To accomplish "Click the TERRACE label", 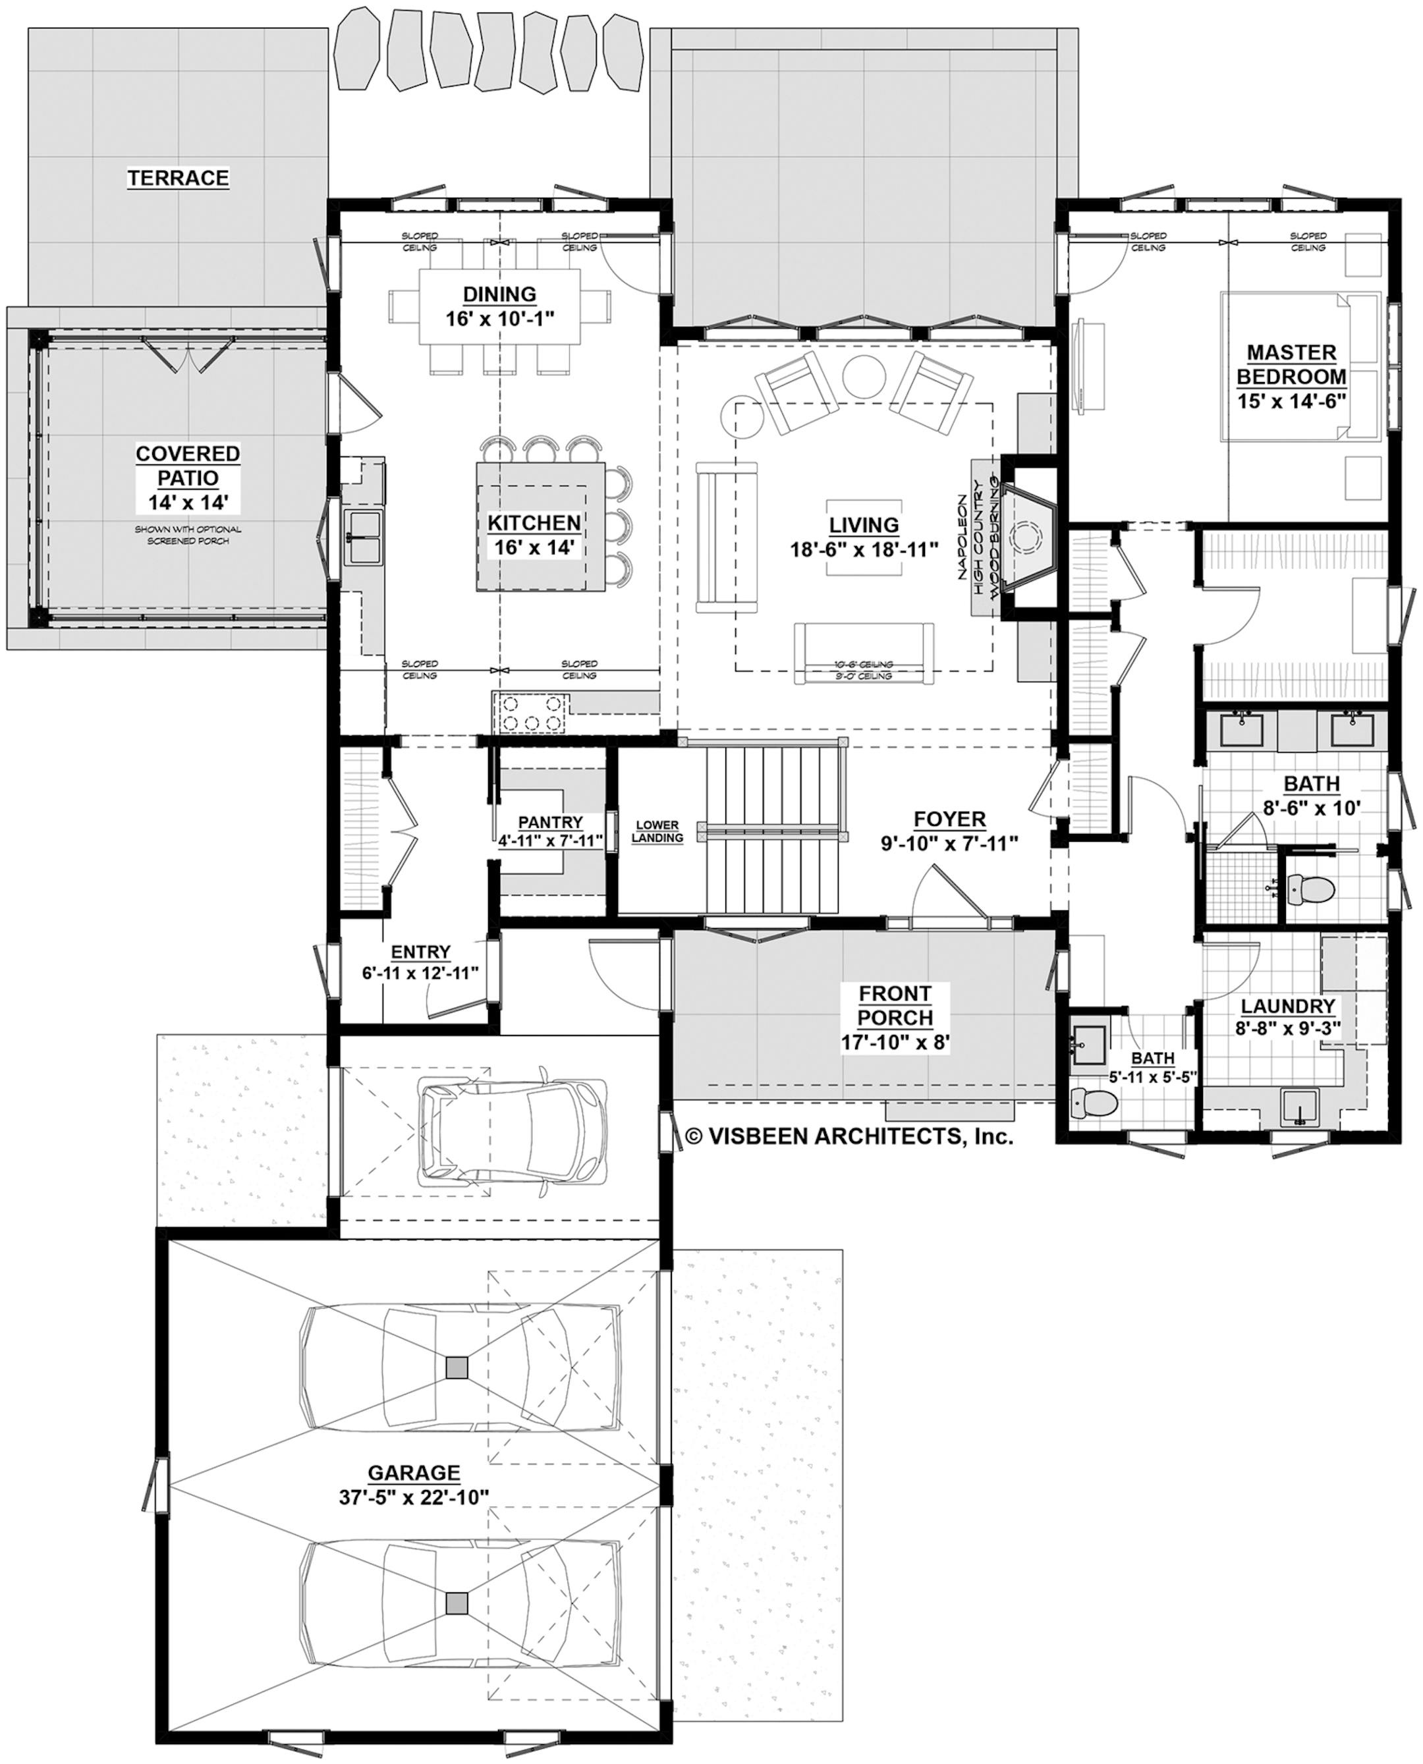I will point(178,178).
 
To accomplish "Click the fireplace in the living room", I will point(1026,537).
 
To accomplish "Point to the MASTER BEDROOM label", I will point(1291,365).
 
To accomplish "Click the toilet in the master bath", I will point(1309,889).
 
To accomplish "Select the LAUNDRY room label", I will point(1288,1006).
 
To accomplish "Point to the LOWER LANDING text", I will point(657,831).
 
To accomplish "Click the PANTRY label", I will point(550,822).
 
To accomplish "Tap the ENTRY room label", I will point(420,952).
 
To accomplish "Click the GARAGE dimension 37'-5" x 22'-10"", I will point(414,1497).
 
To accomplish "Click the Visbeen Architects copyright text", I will point(849,1136).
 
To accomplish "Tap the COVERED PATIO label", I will point(188,466).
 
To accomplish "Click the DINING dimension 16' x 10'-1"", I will point(500,318).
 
